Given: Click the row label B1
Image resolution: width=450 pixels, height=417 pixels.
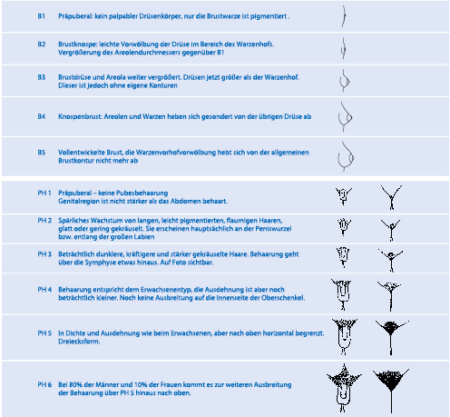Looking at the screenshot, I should pyautogui.click(x=42, y=16).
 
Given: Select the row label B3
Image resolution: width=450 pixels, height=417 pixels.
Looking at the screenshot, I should pyautogui.click(x=42, y=78).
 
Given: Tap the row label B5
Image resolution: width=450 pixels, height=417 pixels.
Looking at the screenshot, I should pyautogui.click(x=42, y=153).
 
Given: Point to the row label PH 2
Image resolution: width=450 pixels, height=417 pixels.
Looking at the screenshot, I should pyautogui.click(x=44, y=221).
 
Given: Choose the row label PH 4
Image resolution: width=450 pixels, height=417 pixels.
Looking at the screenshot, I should pyautogui.click(x=44, y=288).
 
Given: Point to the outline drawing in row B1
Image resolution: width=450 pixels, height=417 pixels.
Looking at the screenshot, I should pyautogui.click(x=343, y=15).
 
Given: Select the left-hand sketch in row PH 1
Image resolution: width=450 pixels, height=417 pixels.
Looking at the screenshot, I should pyautogui.click(x=344, y=195).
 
